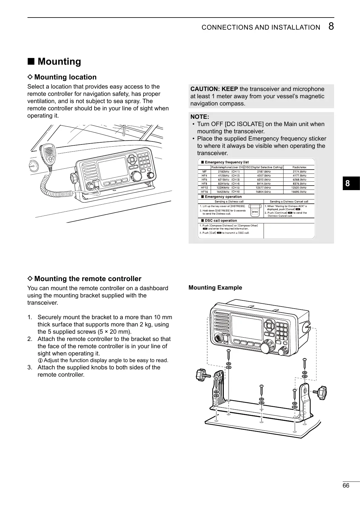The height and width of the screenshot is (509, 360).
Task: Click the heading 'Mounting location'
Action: click(x=65, y=77)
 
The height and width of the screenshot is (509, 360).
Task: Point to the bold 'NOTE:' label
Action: click(x=199, y=117)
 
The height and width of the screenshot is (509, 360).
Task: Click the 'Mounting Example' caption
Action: click(x=215, y=287)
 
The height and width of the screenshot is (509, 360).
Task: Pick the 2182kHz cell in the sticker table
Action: click(x=224, y=171)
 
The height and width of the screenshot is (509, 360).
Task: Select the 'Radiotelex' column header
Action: click(x=299, y=167)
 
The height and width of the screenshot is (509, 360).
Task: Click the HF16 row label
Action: click(x=204, y=192)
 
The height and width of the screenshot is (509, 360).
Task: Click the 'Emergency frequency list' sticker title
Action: click(x=226, y=162)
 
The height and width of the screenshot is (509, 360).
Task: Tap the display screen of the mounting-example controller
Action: click(x=246, y=328)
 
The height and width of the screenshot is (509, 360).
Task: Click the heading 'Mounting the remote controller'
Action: click(x=87, y=279)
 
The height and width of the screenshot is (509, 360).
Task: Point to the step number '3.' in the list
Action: click(x=30, y=368)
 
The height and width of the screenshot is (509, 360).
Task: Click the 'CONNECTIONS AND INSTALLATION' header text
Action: click(x=261, y=28)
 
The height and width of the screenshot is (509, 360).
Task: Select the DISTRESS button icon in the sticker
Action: click(x=255, y=212)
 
